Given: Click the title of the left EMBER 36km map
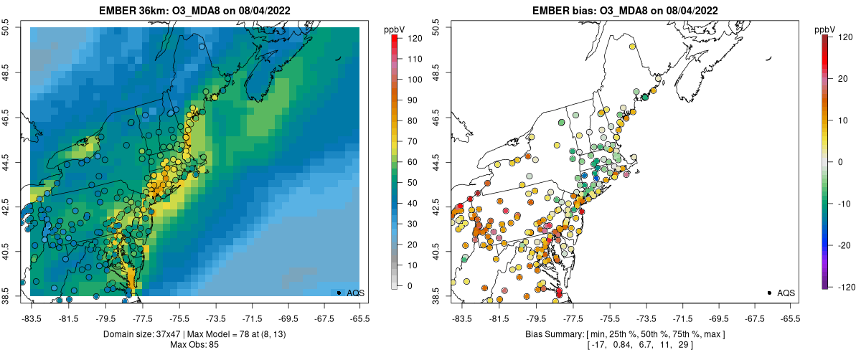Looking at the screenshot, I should click(196, 10).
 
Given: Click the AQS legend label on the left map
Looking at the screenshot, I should click(356, 293).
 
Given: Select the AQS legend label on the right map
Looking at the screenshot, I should click(786, 293).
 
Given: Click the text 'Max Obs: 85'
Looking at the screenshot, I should click(194, 345).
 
